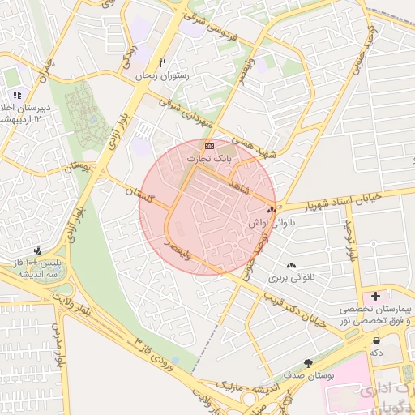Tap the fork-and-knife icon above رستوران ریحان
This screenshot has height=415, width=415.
(164, 62)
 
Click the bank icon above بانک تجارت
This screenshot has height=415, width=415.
(210, 146)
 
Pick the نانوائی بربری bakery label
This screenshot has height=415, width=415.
(290, 278)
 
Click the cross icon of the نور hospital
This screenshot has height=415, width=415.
(376, 293)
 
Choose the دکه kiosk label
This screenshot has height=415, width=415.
(375, 353)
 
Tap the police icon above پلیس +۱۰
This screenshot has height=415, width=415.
(38, 250)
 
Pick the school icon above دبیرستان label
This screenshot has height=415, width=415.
(17, 96)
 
